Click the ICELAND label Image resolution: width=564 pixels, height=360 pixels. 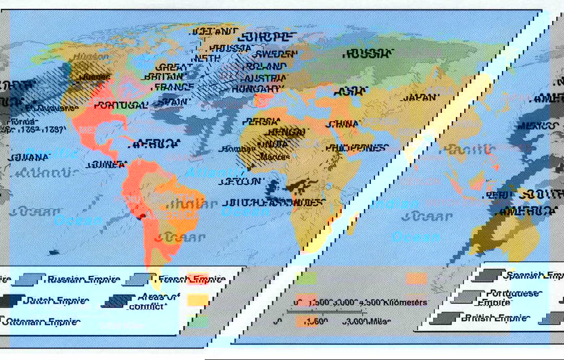click(215, 31)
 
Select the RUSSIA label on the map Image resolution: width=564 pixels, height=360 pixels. click(368, 53)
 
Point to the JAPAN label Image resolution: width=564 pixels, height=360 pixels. click(419, 97)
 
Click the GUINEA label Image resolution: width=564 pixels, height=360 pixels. click(107, 165)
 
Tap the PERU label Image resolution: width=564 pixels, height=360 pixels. click(497, 195)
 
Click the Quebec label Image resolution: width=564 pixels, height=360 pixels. click(95, 77)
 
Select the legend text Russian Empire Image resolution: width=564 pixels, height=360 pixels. click(83, 279)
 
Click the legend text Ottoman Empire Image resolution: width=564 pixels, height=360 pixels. click(44, 322)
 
